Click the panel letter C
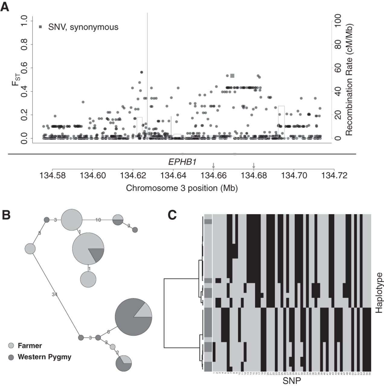(173, 215)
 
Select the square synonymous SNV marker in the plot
(232, 76)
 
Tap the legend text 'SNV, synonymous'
(83, 27)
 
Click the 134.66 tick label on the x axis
(213, 175)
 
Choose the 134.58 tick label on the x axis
(52, 175)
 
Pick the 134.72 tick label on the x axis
(334, 175)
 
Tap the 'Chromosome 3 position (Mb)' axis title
(182, 188)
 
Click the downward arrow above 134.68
(254, 166)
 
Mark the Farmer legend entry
(30, 346)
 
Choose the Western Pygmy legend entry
(44, 357)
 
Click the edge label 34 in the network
(55, 294)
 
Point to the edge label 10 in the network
(98, 220)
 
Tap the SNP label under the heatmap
(292, 381)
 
